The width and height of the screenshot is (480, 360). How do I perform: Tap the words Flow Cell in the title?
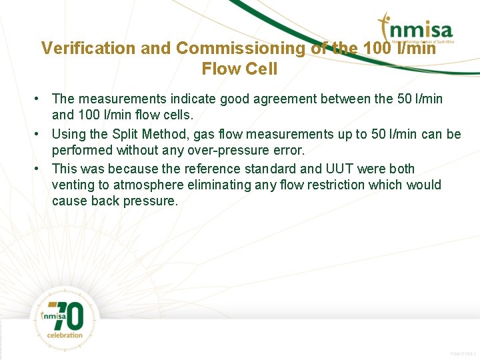239,69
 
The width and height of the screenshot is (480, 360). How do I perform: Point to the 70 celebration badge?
65,319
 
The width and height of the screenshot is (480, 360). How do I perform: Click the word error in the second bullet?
289,151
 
